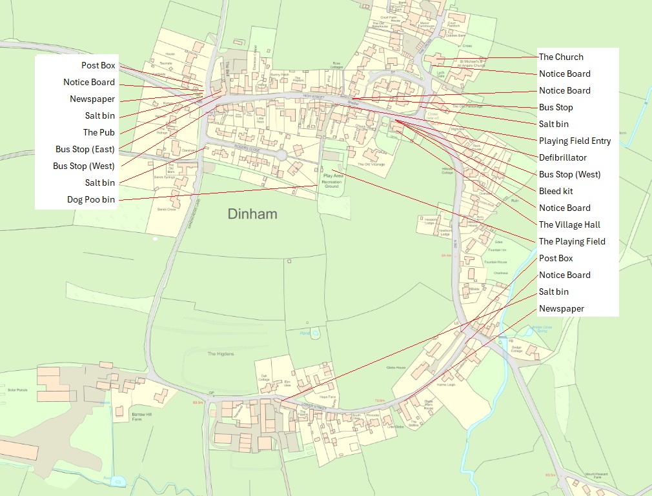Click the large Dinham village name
pyautogui.click(x=252, y=213)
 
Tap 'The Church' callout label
pyautogui.click(x=560, y=57)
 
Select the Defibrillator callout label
pyautogui.click(x=563, y=157)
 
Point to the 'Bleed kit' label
pyautogui.click(x=555, y=191)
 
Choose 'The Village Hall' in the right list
pyautogui.click(x=569, y=224)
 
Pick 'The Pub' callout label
pyautogui.click(x=99, y=132)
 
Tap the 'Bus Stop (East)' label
pyautogui.click(x=85, y=149)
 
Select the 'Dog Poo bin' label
pyautogui.click(x=91, y=199)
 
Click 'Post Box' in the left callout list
pyautogui.click(x=98, y=65)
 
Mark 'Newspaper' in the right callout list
pyautogui.click(x=561, y=308)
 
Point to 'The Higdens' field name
pyautogui.click(x=221, y=354)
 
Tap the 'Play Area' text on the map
pyautogui.click(x=333, y=175)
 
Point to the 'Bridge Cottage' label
pyautogui.click(x=516, y=348)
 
